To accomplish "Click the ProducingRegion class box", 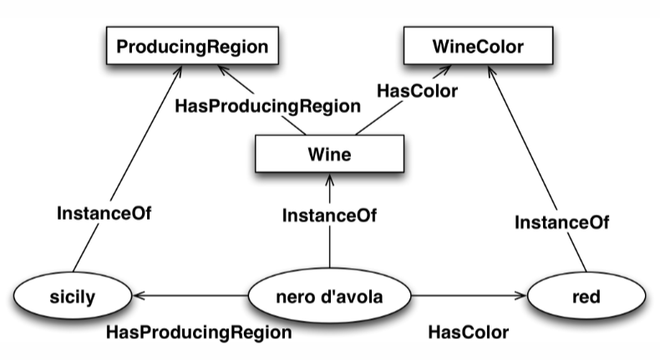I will point(192,47).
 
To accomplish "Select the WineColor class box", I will point(478,47).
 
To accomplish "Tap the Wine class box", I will point(329,155).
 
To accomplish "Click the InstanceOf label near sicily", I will point(104,212).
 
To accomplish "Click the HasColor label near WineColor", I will point(418,91).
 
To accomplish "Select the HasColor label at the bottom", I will point(468,332).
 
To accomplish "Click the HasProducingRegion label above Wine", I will point(267,107).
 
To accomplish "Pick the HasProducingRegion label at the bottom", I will point(199,332).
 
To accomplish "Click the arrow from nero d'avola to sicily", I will point(192,294).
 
